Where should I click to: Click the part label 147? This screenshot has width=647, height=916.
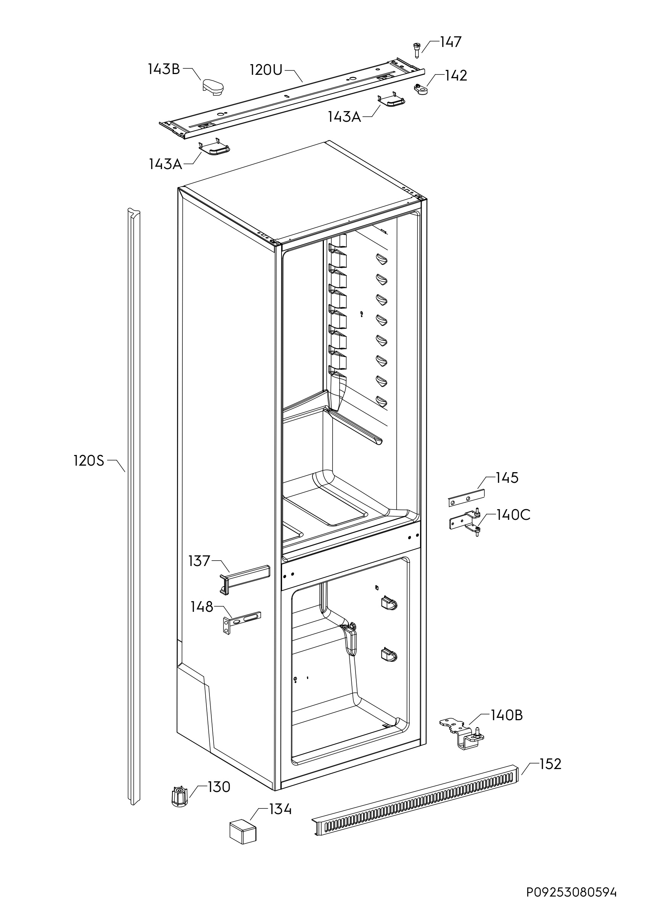(x=451, y=42)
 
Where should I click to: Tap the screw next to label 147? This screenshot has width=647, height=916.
(x=417, y=50)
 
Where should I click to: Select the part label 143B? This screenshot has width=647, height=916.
(x=164, y=69)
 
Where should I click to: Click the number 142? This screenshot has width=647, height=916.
(x=456, y=76)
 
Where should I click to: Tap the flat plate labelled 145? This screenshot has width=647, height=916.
(x=466, y=498)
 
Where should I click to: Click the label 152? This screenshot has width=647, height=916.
(x=550, y=764)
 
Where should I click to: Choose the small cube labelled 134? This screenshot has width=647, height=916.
(x=243, y=832)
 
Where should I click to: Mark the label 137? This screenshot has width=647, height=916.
(x=199, y=561)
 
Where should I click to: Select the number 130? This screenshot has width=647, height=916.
(x=219, y=787)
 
